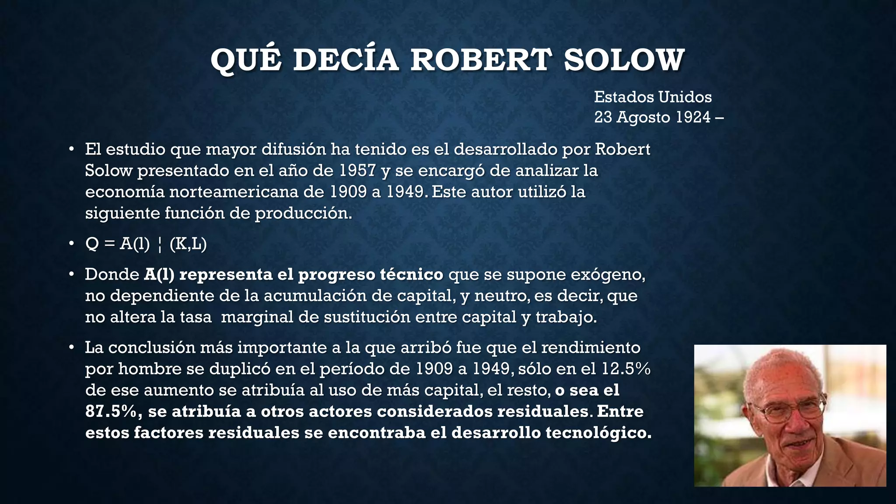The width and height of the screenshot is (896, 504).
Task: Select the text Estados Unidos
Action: [x=653, y=97]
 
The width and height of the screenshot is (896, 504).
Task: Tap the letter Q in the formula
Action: [x=92, y=244]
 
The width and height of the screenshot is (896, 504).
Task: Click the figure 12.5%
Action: [x=626, y=369]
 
